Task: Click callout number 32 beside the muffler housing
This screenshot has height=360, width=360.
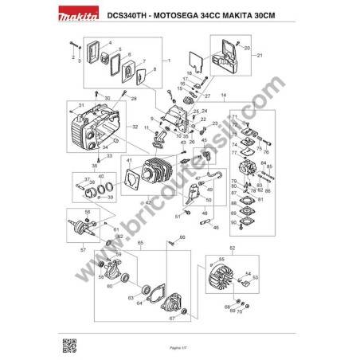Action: [135, 127]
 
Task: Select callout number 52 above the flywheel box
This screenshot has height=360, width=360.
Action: [233, 249]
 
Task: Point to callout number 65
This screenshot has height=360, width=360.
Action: [140, 242]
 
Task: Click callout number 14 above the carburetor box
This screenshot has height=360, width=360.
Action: [224, 96]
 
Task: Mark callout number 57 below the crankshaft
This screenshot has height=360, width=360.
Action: [83, 249]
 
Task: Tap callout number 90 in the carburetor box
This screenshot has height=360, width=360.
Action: [234, 223]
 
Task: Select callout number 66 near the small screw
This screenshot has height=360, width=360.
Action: [182, 237]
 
